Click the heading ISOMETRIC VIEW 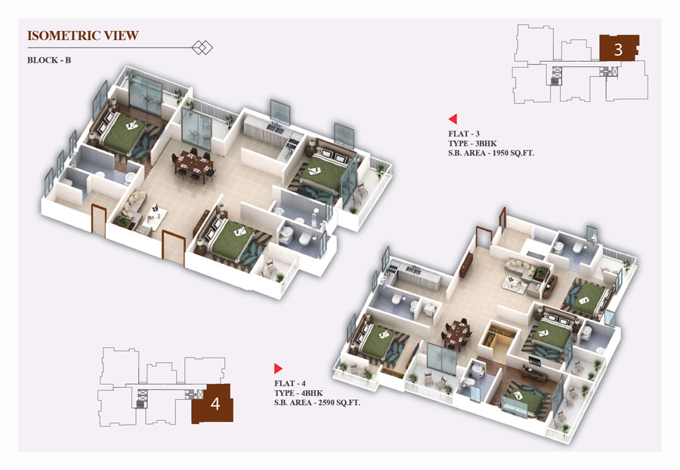tap(83, 35)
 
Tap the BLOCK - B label tap(49, 60)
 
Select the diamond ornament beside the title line tap(202, 48)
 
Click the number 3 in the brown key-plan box tap(618, 50)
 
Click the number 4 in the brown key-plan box tap(215, 404)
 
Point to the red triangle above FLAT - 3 tap(453, 118)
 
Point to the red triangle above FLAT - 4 tap(278, 369)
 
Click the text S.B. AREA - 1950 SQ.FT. tap(491, 153)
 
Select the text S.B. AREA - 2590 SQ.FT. tap(317, 402)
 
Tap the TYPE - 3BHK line tap(473, 143)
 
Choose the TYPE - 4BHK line tap(298, 393)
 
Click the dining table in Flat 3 tap(194, 164)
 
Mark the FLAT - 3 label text tap(464, 134)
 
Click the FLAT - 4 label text tap(289, 383)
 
